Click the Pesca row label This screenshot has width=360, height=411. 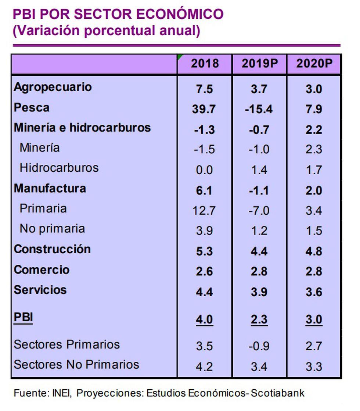[32, 108]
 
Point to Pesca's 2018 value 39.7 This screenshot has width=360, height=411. [204, 109]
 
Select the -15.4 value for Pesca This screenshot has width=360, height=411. [259, 109]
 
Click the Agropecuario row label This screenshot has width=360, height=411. [53, 87]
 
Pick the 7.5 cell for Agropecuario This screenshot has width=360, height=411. [204, 89]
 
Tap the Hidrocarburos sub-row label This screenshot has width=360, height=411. [59, 168]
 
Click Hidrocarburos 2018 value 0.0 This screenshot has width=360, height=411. [204, 170]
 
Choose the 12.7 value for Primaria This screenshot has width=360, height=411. [204, 211]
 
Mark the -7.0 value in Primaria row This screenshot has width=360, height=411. [259, 211]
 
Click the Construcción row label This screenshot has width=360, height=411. [52, 249]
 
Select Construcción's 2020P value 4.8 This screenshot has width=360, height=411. [314, 251]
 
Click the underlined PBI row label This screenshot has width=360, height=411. [23, 317]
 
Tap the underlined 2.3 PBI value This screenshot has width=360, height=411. [259, 319]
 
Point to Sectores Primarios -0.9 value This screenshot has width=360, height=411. [259, 346]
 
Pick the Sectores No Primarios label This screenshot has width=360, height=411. [76, 364]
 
